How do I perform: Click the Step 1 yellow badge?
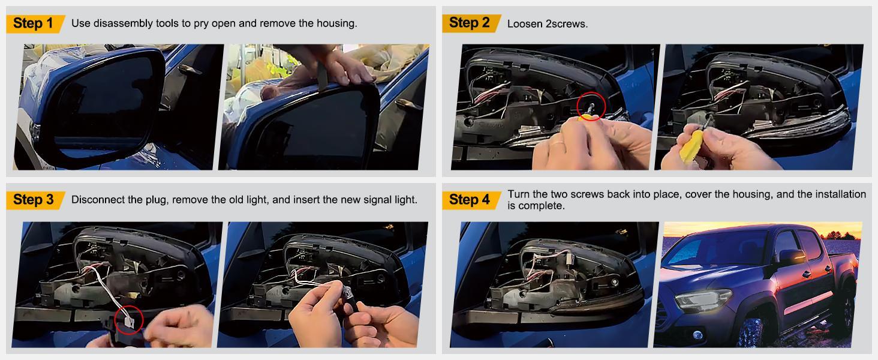pos(35,23)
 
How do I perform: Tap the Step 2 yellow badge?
pos(471,23)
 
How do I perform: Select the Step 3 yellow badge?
pos(35,200)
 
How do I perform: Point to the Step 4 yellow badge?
pos(471,200)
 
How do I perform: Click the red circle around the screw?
pos(591,106)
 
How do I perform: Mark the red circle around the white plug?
pos(129,320)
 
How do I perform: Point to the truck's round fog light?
pos(697,335)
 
